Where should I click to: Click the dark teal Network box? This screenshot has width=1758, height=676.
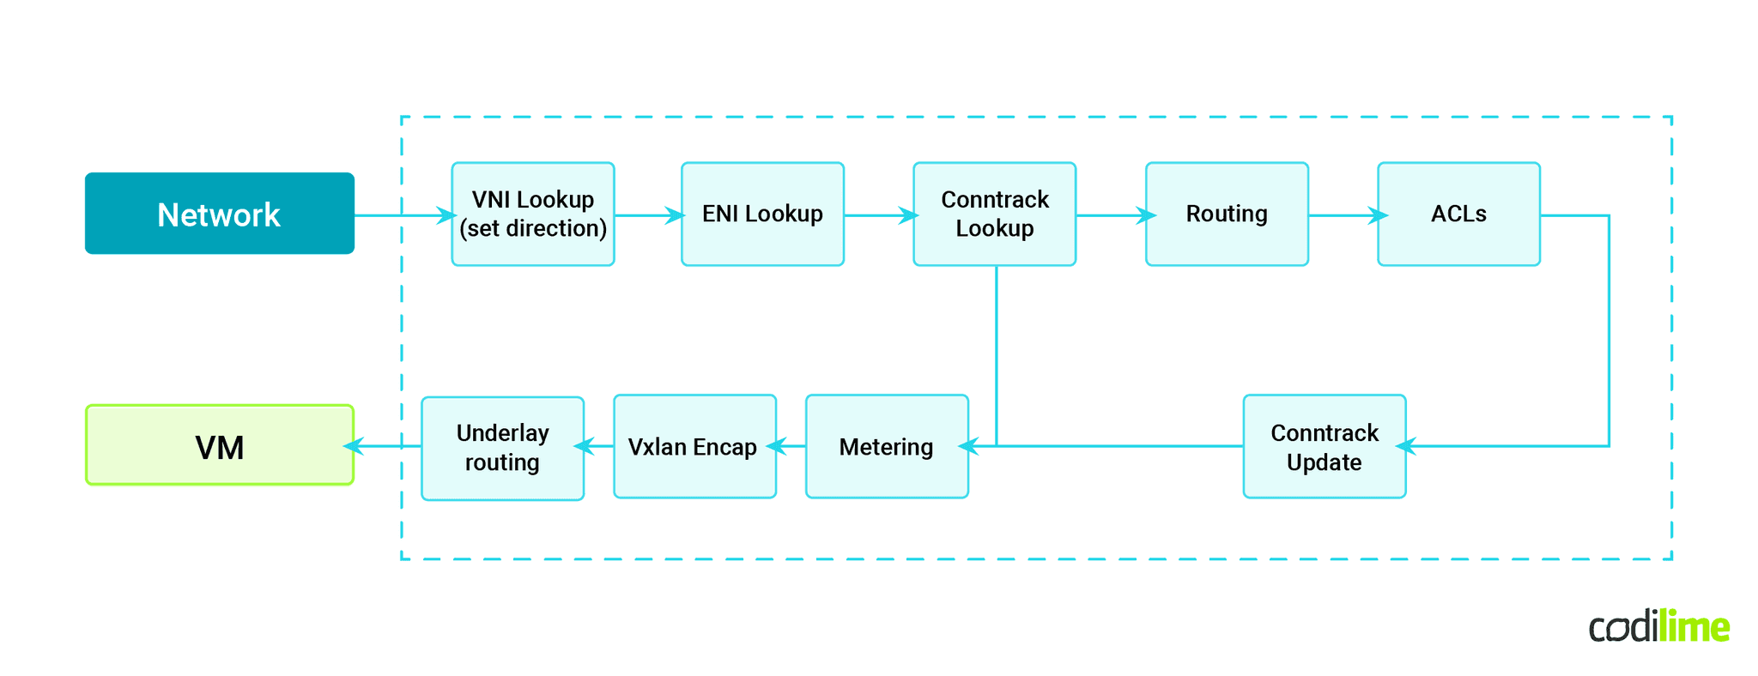coord(219,214)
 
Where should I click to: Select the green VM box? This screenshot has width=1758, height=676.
coord(219,445)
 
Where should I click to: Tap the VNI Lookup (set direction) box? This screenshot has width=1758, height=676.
coord(533,214)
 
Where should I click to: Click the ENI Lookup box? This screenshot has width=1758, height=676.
coord(762,214)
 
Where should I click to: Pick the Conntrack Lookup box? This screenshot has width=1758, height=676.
coord(994,214)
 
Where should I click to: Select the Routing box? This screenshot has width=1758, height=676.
coord(1227,214)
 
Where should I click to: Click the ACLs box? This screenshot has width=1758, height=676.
coord(1458,214)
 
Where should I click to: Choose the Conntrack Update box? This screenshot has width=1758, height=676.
coord(1324,446)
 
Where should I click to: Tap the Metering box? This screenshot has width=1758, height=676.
coord(887,446)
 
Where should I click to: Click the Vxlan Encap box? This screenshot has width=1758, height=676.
coord(694,446)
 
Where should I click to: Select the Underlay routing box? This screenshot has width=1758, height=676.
coord(502,447)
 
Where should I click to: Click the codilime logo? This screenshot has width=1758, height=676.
coord(1658,626)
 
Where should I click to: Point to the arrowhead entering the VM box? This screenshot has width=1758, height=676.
coord(354,446)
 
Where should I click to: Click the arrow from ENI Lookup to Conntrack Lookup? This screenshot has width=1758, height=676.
coord(879,215)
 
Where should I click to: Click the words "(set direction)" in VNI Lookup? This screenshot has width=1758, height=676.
coord(533,228)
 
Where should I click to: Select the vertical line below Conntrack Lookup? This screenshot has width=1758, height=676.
coord(997,352)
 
